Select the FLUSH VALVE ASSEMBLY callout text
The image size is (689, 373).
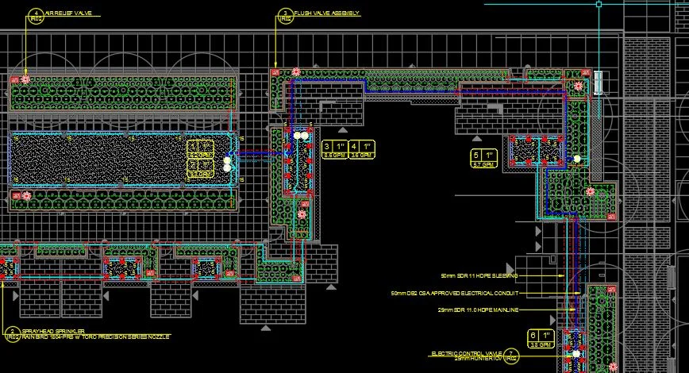click(326, 13)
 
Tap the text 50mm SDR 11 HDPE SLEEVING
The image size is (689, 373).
click(479, 275)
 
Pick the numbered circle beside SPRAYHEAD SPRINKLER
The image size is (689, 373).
click(11, 334)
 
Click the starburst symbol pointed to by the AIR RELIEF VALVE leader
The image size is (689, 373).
click(25, 79)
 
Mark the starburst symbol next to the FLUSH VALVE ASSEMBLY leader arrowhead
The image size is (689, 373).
click(295, 72)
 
